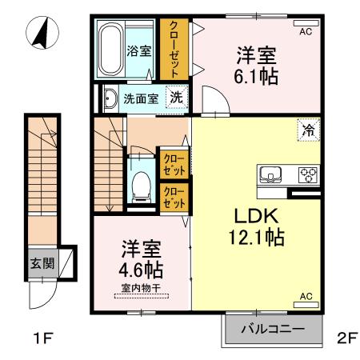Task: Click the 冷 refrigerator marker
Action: (307, 129)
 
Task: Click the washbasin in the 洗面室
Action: (109, 100)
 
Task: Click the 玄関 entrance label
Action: (41, 262)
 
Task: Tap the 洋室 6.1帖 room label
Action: (257, 66)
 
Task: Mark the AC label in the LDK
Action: (305, 297)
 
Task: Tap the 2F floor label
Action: (346, 338)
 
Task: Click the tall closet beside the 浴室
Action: (173, 50)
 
